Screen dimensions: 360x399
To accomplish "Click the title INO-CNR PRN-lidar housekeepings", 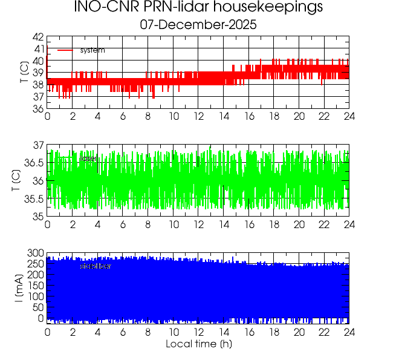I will [198, 8].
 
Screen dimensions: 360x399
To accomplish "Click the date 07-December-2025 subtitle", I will [198, 25].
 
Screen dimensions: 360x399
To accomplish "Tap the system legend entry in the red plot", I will [92, 50].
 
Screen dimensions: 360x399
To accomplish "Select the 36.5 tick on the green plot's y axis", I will [34, 163].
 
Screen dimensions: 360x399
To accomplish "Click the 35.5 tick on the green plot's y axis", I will [34, 199].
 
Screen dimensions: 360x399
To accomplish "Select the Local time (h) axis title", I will [198, 344].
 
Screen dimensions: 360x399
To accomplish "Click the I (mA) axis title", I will [20, 288].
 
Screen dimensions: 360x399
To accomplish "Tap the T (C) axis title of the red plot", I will [23, 73].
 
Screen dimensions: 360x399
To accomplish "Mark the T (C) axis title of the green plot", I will [16, 181].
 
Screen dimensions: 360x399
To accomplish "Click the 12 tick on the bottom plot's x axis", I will [198, 332].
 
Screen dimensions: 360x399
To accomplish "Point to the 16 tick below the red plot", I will [248, 117].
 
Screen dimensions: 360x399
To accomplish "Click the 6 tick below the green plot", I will [123, 224].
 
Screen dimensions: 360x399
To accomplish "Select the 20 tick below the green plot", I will [299, 224].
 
